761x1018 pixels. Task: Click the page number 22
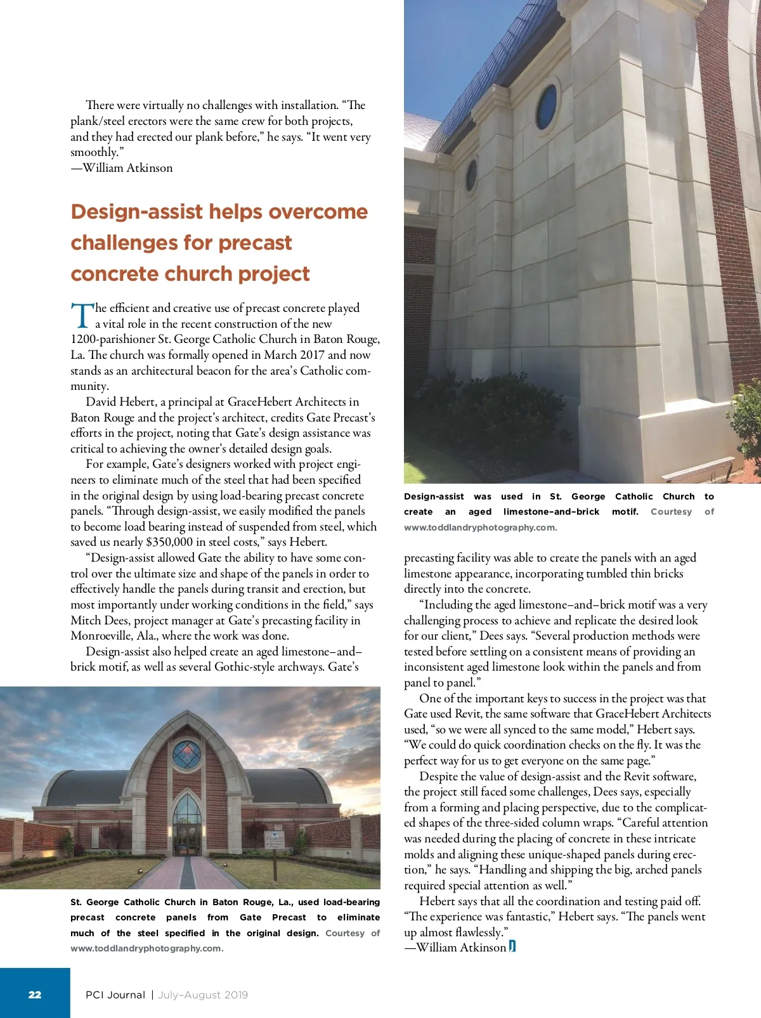tap(35, 995)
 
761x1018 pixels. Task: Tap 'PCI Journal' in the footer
tap(115, 995)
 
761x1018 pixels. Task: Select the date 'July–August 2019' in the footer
tap(203, 995)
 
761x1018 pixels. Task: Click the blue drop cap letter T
tap(81, 316)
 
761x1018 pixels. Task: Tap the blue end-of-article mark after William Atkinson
tap(512, 947)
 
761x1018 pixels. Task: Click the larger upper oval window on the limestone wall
tap(547, 106)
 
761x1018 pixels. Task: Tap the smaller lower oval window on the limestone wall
tap(472, 176)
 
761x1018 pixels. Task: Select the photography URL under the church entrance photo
tap(146, 948)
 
